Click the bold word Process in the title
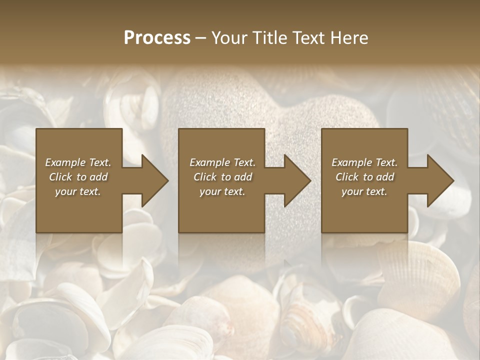click(x=157, y=38)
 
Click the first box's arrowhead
click(x=153, y=181)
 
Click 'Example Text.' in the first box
click(x=78, y=162)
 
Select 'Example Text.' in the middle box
click(x=222, y=162)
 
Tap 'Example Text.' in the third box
click(x=364, y=162)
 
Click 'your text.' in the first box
click(x=78, y=191)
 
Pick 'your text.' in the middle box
click(x=222, y=191)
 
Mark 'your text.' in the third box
click(x=364, y=191)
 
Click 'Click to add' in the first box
click(x=78, y=177)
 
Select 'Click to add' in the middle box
click(x=222, y=177)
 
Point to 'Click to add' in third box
click(x=364, y=177)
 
